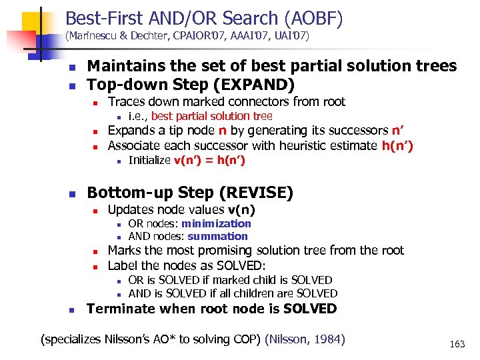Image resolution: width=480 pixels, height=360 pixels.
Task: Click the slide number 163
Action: [457, 344]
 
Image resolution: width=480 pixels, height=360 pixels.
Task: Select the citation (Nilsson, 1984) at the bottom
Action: [305, 339]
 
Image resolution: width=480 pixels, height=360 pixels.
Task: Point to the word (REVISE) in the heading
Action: [259, 193]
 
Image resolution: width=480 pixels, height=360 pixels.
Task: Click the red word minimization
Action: [216, 224]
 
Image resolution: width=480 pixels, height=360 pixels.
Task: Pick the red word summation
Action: [217, 236]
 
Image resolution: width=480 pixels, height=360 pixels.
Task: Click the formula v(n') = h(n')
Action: [209, 160]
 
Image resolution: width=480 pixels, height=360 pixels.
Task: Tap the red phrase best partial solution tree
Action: [207, 116]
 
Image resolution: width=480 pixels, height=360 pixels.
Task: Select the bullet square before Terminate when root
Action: [73, 310]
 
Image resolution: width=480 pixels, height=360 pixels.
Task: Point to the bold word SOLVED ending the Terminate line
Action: [310, 309]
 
